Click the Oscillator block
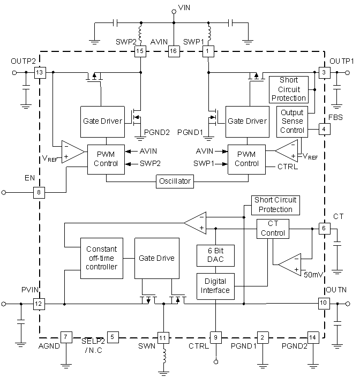pos(174,181)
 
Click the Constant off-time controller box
pos(101,258)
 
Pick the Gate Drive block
pos(156,258)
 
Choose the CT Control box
pos(273,229)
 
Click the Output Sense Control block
pos(291,121)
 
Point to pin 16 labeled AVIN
pos(173,51)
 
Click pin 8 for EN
pos(39,192)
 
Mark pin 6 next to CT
pos(323,228)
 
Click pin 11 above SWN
pos(163,337)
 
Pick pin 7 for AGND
pos(65,337)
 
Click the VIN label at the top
pos(184,7)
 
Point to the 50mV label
pos(314,274)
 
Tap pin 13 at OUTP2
pos(39,72)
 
